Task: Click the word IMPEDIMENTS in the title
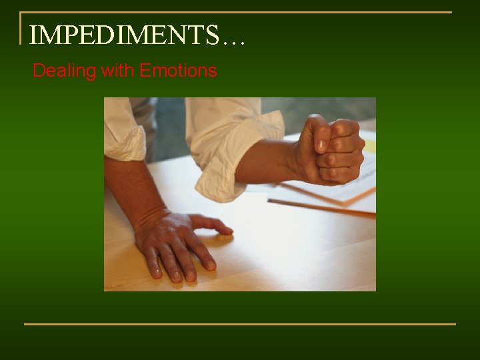click(x=124, y=35)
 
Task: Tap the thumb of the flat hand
click(x=212, y=225)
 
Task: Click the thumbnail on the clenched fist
click(x=321, y=145)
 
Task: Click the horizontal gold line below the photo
click(x=240, y=324)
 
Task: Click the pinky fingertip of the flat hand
click(x=155, y=271)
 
